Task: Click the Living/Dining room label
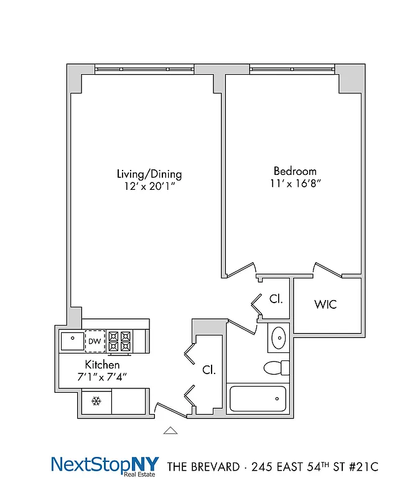(149, 174)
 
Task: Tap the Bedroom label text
(295, 171)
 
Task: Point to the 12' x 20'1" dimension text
(149, 186)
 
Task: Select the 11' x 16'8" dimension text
(295, 183)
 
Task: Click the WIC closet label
(325, 305)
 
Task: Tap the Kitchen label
(102, 365)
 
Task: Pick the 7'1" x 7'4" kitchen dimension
(102, 376)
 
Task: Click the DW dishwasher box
(95, 341)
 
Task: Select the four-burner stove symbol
(120, 341)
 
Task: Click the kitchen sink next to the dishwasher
(72, 341)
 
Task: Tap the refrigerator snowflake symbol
(96, 402)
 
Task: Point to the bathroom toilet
(276, 367)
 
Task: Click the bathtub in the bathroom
(258, 398)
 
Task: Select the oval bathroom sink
(278, 338)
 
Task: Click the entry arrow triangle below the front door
(170, 430)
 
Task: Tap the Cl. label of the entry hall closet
(209, 369)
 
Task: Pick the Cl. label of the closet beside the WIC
(276, 299)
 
